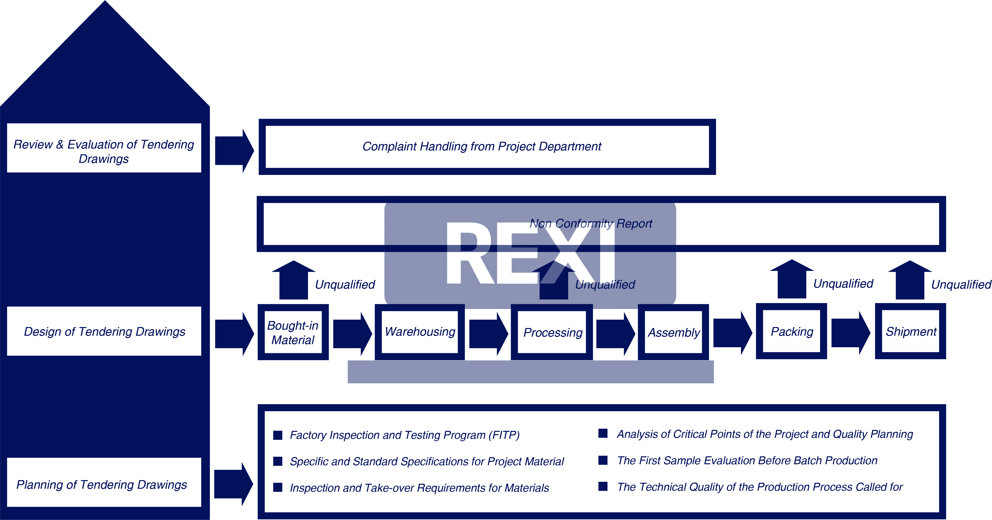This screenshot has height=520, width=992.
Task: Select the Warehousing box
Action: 420,332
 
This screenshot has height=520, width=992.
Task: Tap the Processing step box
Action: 552,332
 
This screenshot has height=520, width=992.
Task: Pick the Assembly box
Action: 674,332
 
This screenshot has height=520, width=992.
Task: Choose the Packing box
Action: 792,332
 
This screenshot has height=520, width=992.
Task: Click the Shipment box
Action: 911,332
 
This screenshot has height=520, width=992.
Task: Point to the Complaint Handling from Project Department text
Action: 481,147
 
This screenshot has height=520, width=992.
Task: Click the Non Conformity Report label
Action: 591,223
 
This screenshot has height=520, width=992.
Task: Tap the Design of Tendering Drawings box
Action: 104,332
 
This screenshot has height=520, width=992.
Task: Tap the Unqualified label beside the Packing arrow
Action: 843,284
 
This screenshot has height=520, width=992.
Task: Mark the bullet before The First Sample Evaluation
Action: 603,460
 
